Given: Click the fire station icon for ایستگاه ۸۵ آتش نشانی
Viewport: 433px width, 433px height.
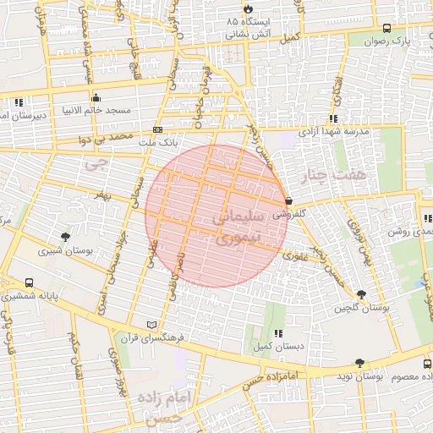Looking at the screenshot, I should (x=245, y=7).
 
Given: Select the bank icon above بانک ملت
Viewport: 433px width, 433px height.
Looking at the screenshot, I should (x=157, y=130).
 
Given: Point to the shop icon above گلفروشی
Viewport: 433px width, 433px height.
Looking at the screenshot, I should (x=290, y=201).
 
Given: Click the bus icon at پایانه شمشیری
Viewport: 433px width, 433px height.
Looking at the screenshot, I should (x=30, y=283).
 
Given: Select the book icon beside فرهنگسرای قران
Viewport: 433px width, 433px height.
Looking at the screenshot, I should (x=152, y=324).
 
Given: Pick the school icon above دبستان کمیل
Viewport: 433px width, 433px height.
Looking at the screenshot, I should (x=279, y=332).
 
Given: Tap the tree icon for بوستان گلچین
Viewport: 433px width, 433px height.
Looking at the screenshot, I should (x=362, y=294).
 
